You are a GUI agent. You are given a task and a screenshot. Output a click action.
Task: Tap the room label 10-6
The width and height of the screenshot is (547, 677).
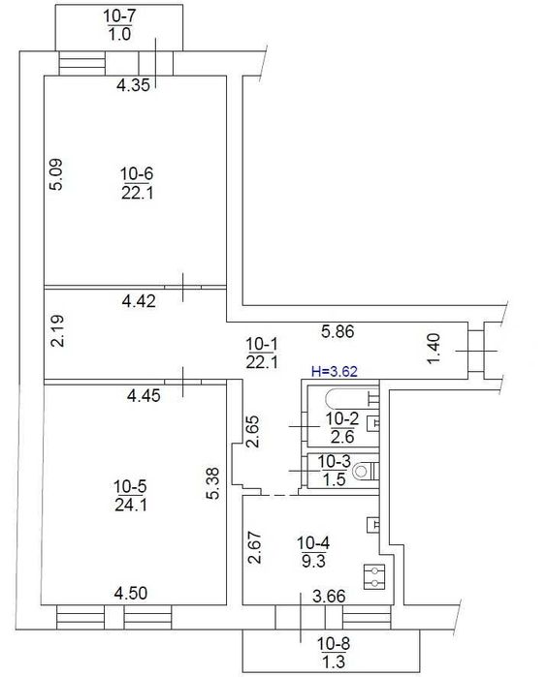137,174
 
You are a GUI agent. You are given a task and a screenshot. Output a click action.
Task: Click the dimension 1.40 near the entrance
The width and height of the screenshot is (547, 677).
434,350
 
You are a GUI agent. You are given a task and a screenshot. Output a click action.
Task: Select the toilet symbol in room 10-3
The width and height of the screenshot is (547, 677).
362,472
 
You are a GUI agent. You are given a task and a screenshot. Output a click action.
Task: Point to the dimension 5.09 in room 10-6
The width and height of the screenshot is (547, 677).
57,174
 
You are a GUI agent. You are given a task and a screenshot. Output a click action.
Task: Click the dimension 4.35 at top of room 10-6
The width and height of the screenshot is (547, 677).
133,86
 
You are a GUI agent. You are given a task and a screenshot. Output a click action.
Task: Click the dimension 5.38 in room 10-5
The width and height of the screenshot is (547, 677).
215,481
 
